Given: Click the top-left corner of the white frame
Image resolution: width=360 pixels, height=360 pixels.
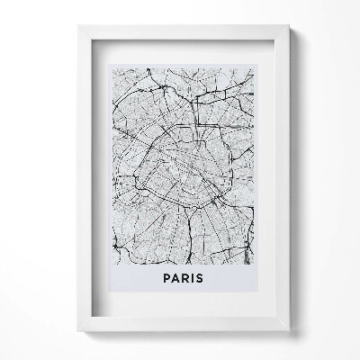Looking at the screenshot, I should click(78, 25).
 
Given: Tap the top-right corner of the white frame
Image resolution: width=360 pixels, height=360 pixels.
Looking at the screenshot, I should click(290, 25).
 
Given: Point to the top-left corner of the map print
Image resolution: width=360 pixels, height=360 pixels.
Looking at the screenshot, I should click(108, 65).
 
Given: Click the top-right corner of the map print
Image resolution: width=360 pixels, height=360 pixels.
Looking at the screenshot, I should click(254, 65).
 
